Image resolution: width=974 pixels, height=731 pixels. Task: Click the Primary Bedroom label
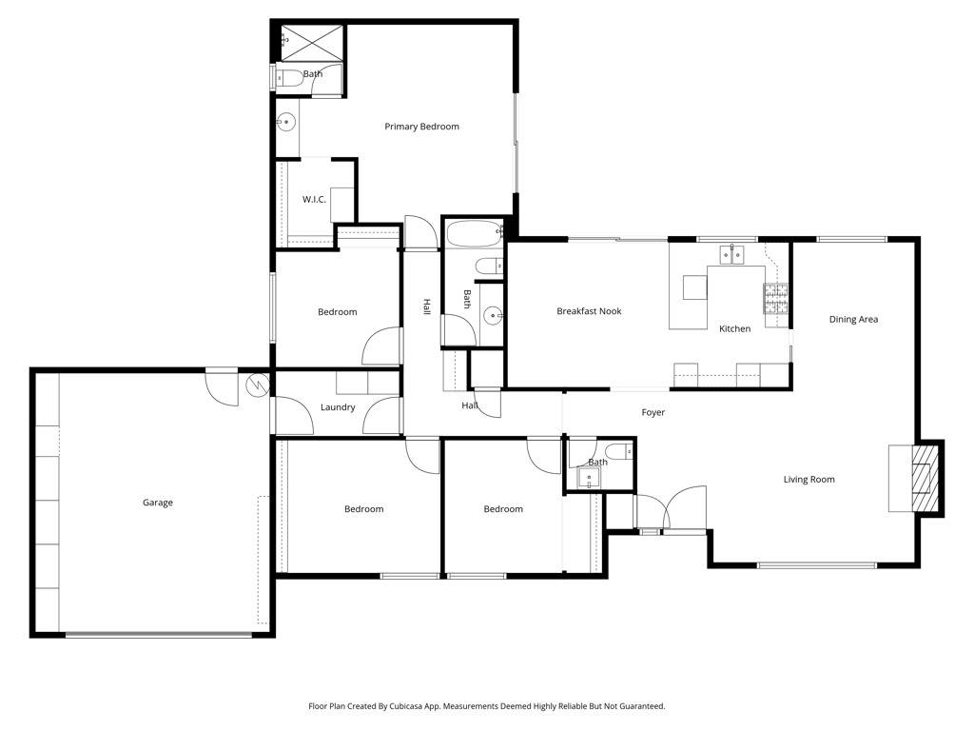click(421, 127)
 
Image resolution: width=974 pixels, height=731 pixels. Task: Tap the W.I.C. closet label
click(314, 199)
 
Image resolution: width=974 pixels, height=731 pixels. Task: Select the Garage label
click(158, 503)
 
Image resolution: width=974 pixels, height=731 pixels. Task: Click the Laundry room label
click(338, 407)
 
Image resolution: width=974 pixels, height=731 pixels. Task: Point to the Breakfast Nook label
click(589, 311)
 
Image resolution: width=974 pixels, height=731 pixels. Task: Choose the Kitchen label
click(734, 328)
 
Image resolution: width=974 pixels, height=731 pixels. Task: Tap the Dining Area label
click(853, 320)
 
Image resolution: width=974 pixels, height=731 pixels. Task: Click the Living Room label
click(808, 480)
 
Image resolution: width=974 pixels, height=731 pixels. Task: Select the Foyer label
click(653, 413)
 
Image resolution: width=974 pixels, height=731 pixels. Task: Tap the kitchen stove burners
click(776, 300)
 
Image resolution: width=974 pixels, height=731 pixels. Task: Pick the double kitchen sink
click(730, 254)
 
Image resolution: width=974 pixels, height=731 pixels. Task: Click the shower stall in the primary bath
click(312, 42)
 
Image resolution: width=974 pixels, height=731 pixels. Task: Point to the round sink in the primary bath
click(285, 122)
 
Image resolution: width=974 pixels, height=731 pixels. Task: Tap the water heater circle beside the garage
click(258, 385)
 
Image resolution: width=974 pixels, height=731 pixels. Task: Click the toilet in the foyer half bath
click(616, 451)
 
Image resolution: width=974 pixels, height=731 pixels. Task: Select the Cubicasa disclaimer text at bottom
click(486, 706)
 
